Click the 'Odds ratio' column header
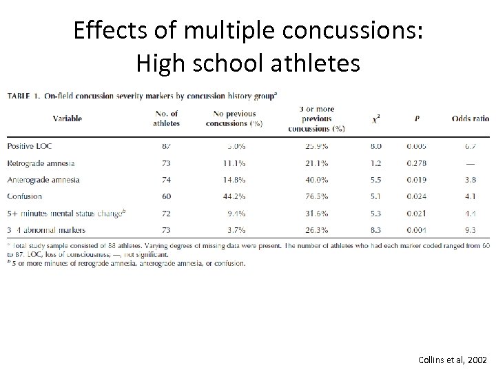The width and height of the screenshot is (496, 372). click(471, 118)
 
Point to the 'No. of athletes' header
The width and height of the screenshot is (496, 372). click(165, 118)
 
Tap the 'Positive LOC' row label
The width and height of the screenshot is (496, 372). click(30, 146)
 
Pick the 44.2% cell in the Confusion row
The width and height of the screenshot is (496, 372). click(233, 196)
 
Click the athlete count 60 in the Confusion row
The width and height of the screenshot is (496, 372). click(165, 196)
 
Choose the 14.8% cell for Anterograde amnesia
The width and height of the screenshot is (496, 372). click(233, 180)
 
